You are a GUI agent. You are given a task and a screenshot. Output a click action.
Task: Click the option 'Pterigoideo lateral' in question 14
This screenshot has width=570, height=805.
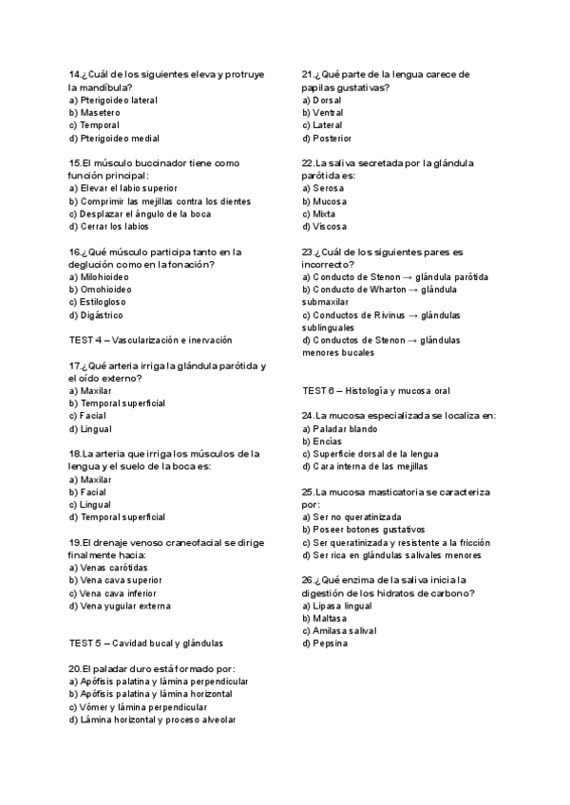tap(113, 100)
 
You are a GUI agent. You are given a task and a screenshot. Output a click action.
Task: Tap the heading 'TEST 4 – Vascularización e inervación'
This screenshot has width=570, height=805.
tap(150, 340)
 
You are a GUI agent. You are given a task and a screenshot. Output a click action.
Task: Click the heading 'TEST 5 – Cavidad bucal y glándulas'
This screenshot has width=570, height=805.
tap(145, 643)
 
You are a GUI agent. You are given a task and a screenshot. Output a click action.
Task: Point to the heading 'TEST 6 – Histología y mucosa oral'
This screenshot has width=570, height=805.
tap(376, 390)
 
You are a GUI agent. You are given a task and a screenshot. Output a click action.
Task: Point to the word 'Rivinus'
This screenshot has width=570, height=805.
tap(383, 314)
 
